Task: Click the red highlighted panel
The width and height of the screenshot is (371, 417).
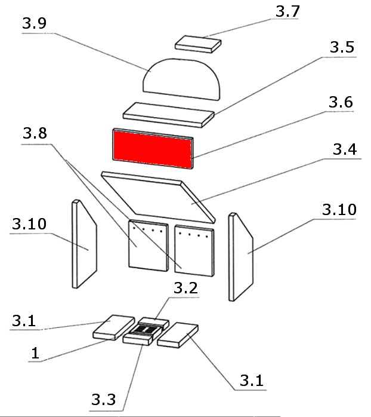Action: coord(152,147)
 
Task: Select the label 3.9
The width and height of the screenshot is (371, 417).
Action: coord(34,26)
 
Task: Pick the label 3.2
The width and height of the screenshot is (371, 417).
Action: coord(187,289)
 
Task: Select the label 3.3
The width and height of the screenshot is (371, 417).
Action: coord(105,398)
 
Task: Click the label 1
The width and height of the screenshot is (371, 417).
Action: coord(35,353)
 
